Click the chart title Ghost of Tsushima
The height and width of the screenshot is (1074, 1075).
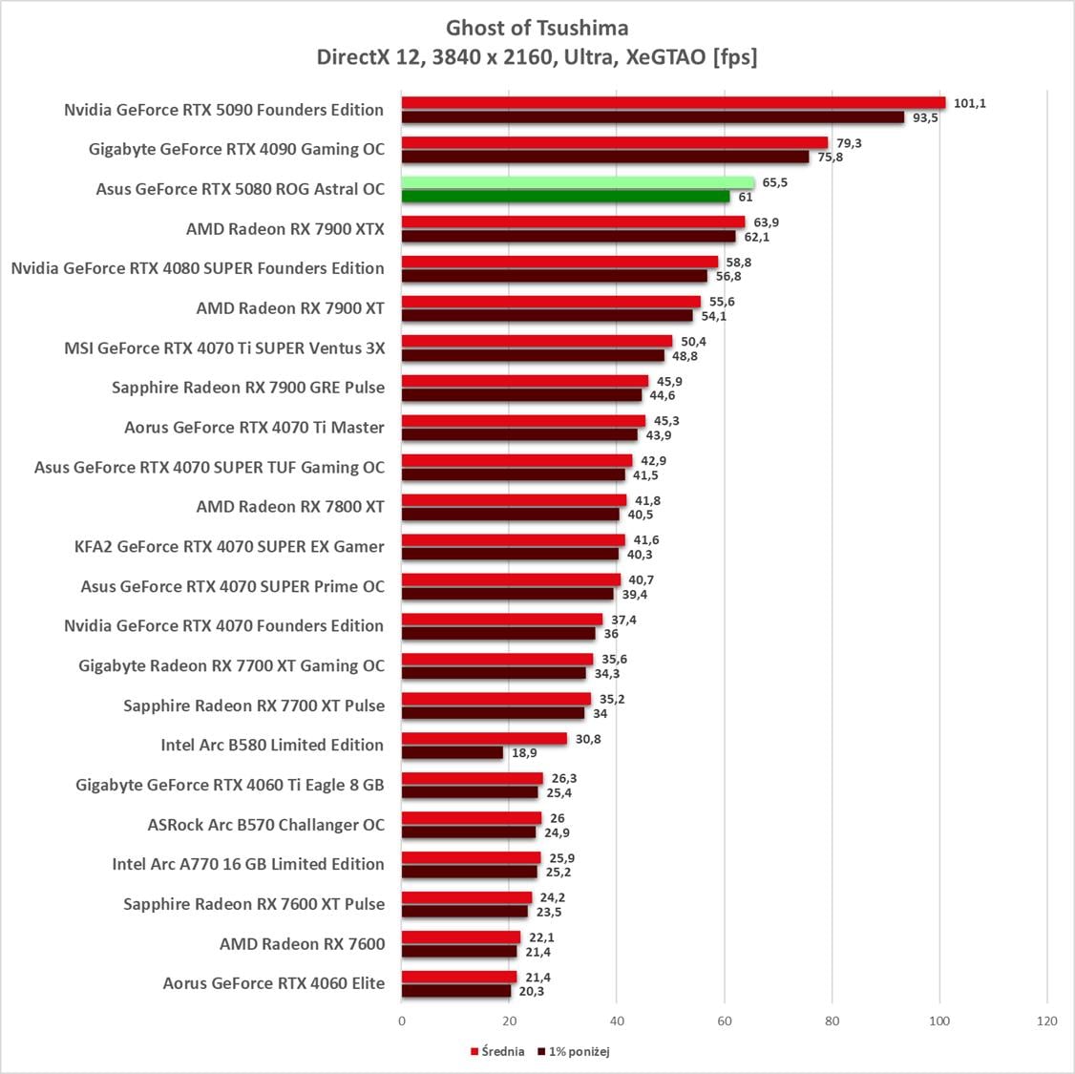coord(537,28)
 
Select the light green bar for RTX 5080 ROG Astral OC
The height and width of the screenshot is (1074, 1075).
coord(578,182)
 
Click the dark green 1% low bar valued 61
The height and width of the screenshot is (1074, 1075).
coord(565,197)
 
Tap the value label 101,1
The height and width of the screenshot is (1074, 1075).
coord(969,103)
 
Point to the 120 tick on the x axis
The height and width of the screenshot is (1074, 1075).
coord(1047,1021)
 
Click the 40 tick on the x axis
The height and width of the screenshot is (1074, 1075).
coord(617,1021)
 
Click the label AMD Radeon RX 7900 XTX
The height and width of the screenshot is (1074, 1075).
coord(285,229)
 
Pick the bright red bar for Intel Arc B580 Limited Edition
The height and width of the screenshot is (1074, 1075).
coord(484,739)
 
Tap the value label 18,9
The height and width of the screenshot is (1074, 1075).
coord(524,753)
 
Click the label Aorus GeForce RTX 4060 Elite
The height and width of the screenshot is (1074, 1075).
coord(274,983)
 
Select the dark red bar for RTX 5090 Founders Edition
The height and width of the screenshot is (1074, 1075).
coord(652,117)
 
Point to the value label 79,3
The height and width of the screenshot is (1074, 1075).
coord(849,143)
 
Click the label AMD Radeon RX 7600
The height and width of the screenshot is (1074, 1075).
coord(303,944)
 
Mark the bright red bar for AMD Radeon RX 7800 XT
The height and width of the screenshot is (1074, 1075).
coord(514,500)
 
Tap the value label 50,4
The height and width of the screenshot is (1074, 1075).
coord(693,342)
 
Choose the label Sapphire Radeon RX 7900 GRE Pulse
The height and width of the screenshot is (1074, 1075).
coord(248,388)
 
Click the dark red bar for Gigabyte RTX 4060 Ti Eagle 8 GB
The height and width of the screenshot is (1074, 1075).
coord(470,792)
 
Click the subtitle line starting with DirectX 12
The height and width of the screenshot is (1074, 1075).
coord(537,57)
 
